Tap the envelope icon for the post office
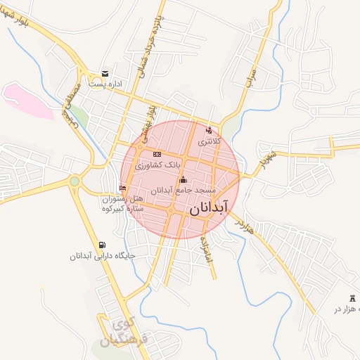[105, 73]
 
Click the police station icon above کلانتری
[208, 130]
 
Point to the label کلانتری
[210, 141]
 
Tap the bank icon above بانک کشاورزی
[156, 154]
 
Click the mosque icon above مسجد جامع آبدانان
[183, 179]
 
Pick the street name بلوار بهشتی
[146, 120]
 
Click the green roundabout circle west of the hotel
[75, 182]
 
